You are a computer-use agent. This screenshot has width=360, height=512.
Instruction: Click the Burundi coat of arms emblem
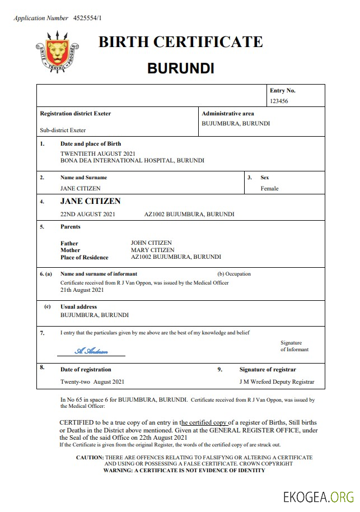[57, 52]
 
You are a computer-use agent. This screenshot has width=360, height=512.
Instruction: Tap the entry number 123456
[279, 101]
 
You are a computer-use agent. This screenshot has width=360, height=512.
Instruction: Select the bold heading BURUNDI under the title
[180, 69]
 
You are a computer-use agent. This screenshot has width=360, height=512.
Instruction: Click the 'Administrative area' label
[227, 114]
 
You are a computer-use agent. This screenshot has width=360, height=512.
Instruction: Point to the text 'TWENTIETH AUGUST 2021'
[98, 153]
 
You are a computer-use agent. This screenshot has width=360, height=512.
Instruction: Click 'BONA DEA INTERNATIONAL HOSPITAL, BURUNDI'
[132, 160]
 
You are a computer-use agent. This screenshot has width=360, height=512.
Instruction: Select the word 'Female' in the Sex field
[269, 189]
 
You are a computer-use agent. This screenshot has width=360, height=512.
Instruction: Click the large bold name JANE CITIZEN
[90, 202]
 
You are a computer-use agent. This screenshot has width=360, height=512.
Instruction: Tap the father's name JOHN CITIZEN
[151, 243]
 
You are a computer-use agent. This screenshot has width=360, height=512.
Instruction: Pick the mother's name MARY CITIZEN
[152, 250]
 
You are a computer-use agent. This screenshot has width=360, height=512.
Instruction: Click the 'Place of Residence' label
[84, 257]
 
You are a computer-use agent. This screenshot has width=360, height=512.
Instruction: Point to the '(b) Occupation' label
[233, 274]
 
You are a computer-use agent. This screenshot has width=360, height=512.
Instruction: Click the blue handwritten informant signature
[91, 351]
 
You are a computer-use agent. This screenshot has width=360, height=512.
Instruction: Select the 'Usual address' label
[78, 307]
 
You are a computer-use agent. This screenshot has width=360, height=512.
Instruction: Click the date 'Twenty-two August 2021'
[92, 382]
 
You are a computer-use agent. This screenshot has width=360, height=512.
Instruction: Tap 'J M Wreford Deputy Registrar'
[277, 382]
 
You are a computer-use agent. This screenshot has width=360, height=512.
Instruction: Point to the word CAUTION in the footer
[90, 458]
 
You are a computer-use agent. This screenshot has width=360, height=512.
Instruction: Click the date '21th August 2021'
[82, 290]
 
